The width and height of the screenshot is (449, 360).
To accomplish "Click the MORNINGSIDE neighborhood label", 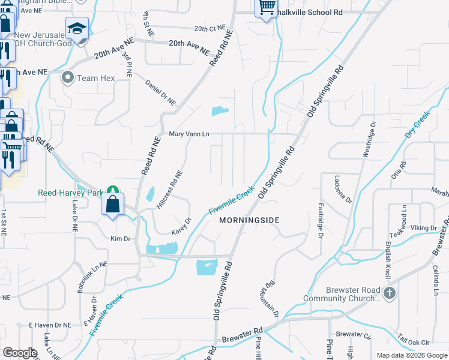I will (x=249, y=220).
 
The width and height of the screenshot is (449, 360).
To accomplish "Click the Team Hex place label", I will (x=95, y=77).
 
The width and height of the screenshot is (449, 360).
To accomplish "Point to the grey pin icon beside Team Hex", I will (x=68, y=77).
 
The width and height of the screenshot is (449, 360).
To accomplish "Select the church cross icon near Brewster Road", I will (x=389, y=294).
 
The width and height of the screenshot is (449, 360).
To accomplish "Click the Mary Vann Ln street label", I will (x=188, y=134).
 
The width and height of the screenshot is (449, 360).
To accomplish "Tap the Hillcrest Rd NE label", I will (x=169, y=188).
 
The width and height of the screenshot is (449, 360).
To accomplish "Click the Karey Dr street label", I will (x=180, y=226).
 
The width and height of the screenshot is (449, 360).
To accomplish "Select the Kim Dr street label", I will (x=120, y=238).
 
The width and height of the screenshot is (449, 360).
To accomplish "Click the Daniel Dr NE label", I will (x=160, y=94).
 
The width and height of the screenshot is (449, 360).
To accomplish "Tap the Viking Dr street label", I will (x=424, y=228).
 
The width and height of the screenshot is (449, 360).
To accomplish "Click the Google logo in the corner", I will (x=20, y=353).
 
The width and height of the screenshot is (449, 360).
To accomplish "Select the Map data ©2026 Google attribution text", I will (x=411, y=355).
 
